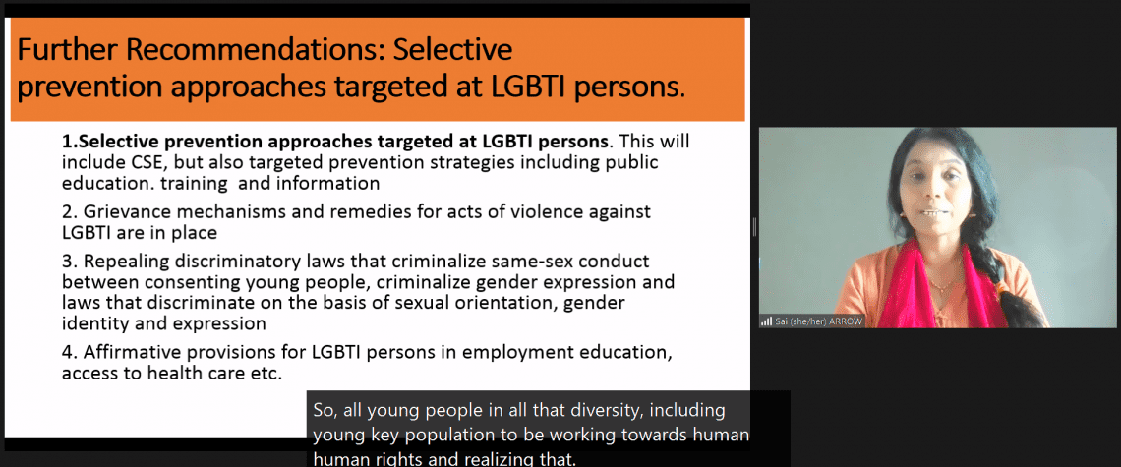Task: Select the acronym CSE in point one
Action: (135, 162)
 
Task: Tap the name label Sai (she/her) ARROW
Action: (818, 321)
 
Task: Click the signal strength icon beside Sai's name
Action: (766, 321)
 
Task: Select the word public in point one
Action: (631, 163)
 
